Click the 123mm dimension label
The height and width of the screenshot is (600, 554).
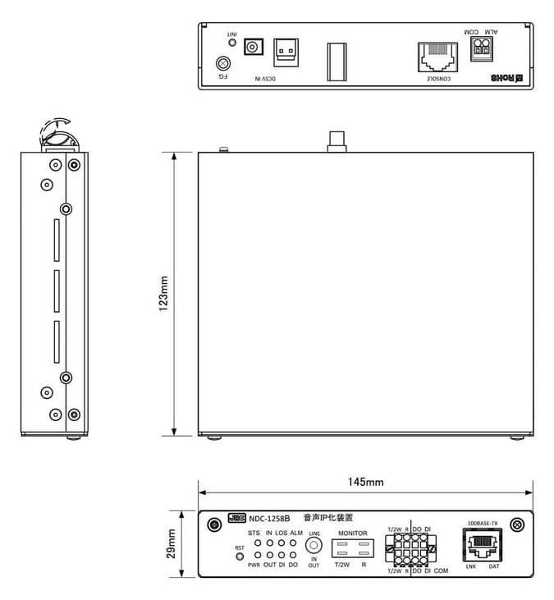coord(164,293)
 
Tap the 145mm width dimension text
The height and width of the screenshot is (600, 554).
coord(366,482)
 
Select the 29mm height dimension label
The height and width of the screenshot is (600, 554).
coord(172,543)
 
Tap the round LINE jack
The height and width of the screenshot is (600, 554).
coord(313,544)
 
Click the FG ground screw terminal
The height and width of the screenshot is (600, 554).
coord(222,63)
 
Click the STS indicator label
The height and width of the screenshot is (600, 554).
coord(254,533)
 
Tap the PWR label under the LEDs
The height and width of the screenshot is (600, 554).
coord(254,566)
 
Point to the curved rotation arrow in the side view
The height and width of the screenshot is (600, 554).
coord(54,128)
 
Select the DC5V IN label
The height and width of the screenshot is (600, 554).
coord(263,78)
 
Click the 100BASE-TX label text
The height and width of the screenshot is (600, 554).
coord(482,523)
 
